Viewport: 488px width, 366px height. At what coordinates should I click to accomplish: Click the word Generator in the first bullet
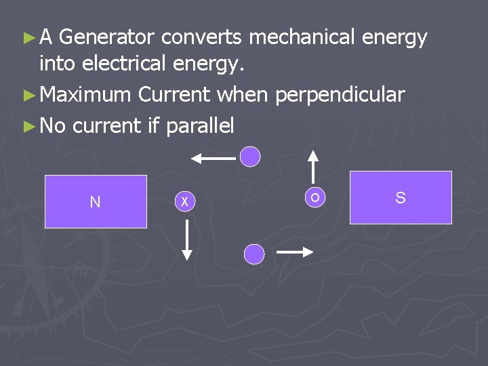[109, 38]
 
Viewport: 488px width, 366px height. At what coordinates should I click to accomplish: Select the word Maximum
[85, 95]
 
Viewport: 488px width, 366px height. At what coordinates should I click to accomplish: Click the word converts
[203, 38]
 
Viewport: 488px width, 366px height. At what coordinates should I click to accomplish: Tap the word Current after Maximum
[174, 95]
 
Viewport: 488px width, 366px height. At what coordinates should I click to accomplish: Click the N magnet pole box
[96, 201]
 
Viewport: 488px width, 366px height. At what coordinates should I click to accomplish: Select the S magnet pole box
[401, 197]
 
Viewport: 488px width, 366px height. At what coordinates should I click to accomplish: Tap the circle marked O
[314, 197]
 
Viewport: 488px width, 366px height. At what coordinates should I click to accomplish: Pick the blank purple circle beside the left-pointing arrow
[251, 157]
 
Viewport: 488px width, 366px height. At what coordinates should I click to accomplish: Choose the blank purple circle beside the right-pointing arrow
[253, 254]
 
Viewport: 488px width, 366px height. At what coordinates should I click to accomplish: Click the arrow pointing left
[213, 158]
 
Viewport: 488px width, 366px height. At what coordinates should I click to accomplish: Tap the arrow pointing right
[295, 252]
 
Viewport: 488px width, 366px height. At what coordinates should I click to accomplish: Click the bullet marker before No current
[29, 126]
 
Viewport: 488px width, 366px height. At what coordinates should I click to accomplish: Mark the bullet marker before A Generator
[29, 39]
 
